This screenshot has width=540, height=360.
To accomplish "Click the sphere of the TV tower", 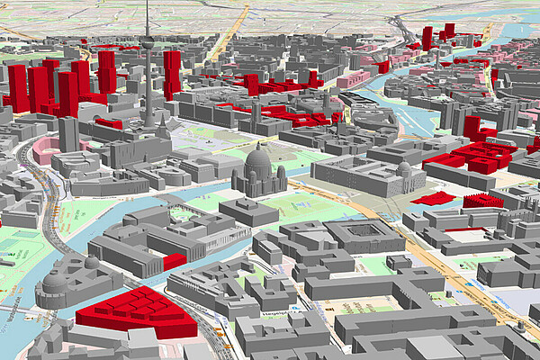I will point(147,41).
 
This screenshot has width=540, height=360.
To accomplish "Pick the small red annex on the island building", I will point(175,261).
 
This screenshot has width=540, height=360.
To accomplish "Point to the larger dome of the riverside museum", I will point(55,280).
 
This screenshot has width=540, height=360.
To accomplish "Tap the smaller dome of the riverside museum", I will point(90,263).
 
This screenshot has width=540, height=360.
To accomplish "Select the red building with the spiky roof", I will point(483,201).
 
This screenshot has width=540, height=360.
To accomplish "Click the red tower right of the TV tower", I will point(171,72).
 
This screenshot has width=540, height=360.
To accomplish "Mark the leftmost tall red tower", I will point(17,86).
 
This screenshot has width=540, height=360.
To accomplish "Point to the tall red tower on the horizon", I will point(427,37).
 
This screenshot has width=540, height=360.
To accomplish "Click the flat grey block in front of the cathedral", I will point(248,212).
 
